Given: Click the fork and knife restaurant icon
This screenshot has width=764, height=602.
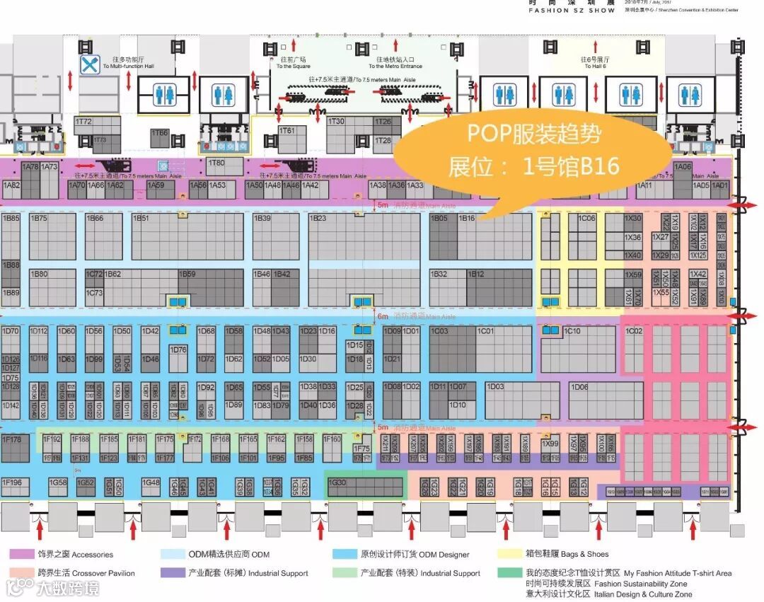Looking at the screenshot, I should [x=88, y=66].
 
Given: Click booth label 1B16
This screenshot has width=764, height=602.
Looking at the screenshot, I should [x=467, y=219].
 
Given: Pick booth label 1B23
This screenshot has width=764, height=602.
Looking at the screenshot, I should [x=318, y=219].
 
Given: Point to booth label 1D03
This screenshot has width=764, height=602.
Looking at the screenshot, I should [x=495, y=387].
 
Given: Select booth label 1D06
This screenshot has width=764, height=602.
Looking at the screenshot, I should [x=579, y=387].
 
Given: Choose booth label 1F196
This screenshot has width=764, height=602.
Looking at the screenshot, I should [x=12, y=482].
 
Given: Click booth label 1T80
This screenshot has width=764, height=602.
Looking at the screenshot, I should [x=216, y=163].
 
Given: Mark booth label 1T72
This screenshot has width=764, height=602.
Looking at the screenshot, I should [x=83, y=122].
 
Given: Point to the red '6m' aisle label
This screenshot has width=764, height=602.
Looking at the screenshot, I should [x=383, y=317].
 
